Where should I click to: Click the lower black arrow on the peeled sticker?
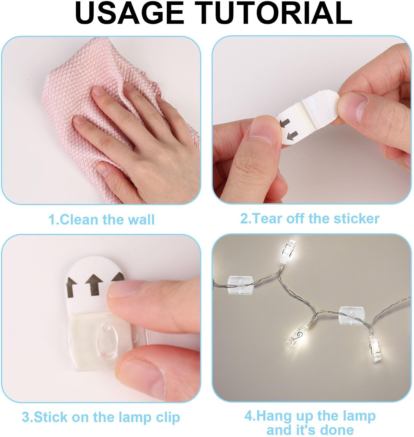[292, 135]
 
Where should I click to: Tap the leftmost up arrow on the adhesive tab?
[71, 286]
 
